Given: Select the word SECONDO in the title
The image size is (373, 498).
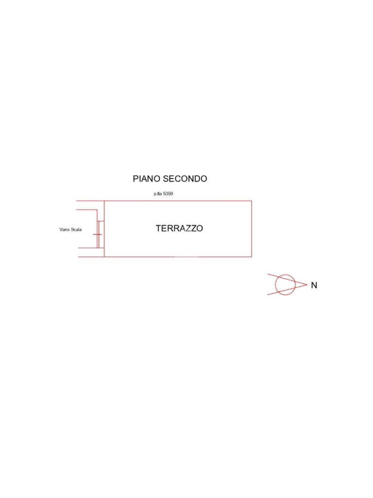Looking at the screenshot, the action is point(185,179).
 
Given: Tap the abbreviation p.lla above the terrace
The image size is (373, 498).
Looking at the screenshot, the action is point(158,194).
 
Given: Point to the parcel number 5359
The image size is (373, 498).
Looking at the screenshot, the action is point(168,194).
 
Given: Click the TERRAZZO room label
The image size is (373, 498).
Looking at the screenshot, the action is point(179,229).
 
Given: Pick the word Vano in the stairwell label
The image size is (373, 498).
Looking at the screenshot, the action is point(65,230).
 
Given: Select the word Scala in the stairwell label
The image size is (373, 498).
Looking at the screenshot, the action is point(76,230).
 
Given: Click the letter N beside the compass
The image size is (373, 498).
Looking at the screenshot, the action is point(314,285).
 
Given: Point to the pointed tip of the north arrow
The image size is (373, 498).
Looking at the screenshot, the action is point(307,285).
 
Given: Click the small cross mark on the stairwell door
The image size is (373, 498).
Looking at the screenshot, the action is point(97,235).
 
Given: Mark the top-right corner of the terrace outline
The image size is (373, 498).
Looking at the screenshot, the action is point(252,201).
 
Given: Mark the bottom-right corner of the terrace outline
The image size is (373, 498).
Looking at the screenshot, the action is point(252,257).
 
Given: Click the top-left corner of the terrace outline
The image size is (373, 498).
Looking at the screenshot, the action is point(104,201).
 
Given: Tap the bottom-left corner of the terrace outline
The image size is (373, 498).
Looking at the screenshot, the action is point(104,257).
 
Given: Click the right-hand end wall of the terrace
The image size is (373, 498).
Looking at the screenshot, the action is point(252,229).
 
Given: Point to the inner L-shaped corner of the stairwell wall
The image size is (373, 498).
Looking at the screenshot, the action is point(97,210).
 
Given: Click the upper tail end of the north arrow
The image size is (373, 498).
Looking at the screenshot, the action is point(268,274).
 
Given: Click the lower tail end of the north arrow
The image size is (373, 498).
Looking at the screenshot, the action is point(268,295).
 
